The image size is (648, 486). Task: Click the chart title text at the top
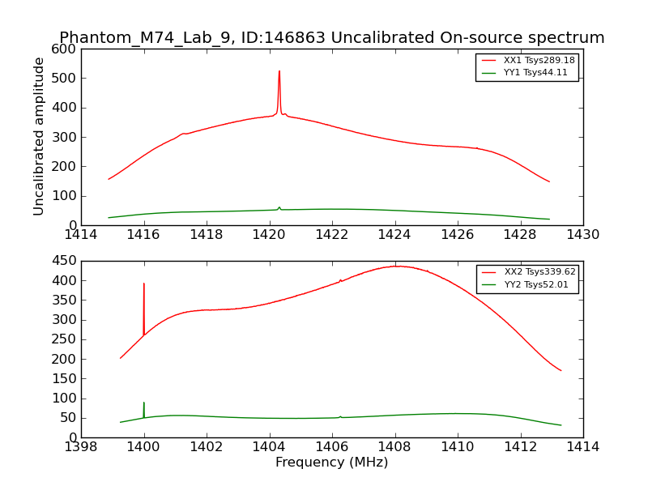point(332,38)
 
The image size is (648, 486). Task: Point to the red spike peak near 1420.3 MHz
point(279,71)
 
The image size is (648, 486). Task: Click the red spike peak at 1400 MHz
point(144,283)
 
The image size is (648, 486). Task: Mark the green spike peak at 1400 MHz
point(144,403)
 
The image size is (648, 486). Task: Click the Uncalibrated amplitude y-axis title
point(39,136)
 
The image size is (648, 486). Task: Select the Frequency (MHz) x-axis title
point(332,463)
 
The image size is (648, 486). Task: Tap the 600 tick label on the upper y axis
point(66,49)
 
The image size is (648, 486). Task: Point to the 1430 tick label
point(583,235)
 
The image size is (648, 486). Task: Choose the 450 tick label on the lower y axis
point(66,261)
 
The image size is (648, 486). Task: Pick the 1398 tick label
point(81,447)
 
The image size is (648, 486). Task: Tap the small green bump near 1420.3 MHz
point(279,207)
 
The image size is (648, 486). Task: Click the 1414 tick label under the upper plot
point(81,235)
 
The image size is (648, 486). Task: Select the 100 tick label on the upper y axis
point(66,196)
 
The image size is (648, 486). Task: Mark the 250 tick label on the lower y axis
point(66,339)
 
